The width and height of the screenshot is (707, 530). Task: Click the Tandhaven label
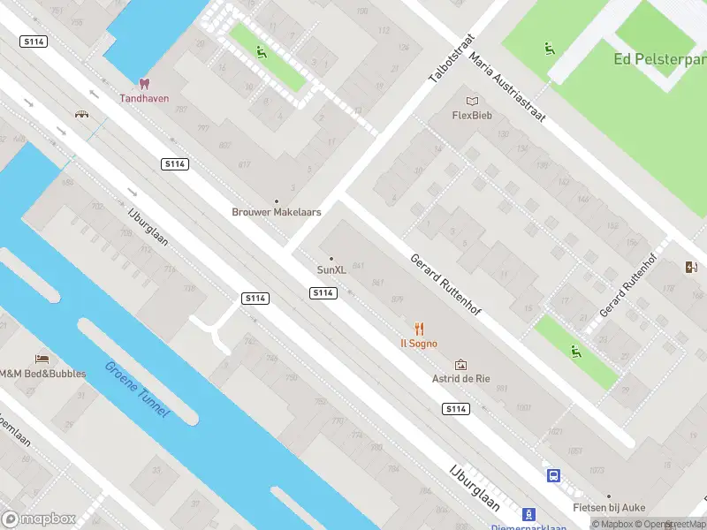coord(144,98)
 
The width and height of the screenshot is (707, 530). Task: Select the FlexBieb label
coord(472,115)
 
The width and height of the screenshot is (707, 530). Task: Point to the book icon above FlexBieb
coord(472,100)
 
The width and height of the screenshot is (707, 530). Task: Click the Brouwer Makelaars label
coord(276,212)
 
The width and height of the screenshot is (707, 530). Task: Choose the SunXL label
coord(331,269)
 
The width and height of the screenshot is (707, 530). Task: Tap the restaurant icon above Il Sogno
coord(419,329)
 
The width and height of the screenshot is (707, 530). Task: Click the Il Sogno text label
coord(419,344)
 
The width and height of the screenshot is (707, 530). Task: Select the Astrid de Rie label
coord(460,379)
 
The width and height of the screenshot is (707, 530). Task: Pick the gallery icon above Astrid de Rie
coord(460,364)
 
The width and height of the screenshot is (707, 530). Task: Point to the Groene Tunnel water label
coord(136,390)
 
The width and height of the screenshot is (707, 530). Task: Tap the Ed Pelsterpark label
coord(658,59)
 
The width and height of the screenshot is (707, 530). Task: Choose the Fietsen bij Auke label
coord(608,508)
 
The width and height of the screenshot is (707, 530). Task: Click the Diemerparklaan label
coord(528,526)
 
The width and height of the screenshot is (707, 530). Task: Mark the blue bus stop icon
coord(554,475)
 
